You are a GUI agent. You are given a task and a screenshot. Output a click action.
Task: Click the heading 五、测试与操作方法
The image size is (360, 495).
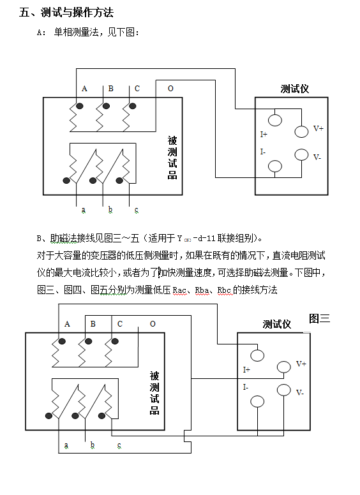(66, 13)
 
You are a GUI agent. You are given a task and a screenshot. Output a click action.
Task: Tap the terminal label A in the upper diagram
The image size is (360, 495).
(84, 89)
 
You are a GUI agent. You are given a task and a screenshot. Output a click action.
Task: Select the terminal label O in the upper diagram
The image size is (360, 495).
(170, 89)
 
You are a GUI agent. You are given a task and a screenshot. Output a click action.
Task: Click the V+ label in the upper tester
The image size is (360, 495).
(319, 128)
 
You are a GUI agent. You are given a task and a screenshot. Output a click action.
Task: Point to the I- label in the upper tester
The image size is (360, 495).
(263, 152)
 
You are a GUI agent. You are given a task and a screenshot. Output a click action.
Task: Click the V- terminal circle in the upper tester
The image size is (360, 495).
(301, 154)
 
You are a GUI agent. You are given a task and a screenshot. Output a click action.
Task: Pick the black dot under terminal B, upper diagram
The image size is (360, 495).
(106, 106)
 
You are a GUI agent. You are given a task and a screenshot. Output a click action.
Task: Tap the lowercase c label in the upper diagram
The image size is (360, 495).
(137, 210)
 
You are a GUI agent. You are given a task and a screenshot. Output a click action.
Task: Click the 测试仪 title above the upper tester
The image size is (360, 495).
(295, 89)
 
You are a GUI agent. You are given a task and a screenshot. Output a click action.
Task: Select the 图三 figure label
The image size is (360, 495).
(319, 318)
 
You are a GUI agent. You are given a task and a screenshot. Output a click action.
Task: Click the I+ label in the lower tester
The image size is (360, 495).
(246, 370)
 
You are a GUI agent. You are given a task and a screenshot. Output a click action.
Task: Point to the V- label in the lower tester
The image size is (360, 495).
(300, 393)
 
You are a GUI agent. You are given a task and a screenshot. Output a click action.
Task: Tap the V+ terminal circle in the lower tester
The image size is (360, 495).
(283, 367)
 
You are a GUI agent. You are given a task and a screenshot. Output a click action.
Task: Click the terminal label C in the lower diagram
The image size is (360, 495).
(120, 324)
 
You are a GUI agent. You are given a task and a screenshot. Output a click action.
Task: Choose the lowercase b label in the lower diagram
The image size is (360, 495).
(92, 445)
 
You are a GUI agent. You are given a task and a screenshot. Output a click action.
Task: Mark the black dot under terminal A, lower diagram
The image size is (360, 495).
(62, 341)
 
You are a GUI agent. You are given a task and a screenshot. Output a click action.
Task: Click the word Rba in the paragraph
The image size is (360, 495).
(202, 290)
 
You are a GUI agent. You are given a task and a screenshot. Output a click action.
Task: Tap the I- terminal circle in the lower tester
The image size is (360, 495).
(257, 402)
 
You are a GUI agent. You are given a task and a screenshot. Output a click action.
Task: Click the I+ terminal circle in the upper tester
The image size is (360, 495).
(274, 121)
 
